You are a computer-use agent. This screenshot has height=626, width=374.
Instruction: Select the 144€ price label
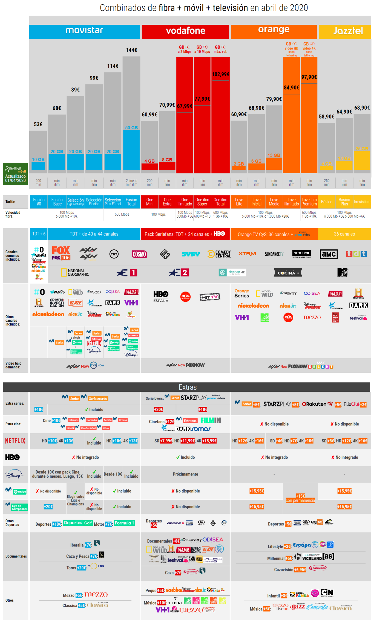tap(131, 50)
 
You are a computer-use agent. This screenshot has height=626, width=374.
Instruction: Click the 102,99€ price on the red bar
tap(220, 74)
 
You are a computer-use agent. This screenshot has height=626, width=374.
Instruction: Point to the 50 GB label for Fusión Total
tap(131, 128)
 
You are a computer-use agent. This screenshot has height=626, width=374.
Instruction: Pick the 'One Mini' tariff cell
tap(149, 202)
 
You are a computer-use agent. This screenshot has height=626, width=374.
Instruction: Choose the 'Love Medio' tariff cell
tap(274, 202)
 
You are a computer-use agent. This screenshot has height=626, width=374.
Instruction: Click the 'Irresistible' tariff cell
tap(362, 202)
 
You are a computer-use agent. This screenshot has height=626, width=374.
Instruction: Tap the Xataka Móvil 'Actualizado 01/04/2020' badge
tap(16, 174)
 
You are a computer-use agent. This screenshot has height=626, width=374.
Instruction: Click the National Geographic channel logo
tap(75, 272)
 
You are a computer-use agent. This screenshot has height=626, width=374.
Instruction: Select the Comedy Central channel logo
tap(219, 254)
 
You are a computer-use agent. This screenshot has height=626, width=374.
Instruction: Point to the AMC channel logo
tap(329, 254)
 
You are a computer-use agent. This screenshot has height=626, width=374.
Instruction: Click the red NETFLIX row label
tap(15, 441)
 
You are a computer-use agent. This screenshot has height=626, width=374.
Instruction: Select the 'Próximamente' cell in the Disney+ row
tap(185, 474)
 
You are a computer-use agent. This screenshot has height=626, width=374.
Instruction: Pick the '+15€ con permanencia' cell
tap(300, 498)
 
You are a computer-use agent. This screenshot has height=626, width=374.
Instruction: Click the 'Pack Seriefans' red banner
tap(185, 234)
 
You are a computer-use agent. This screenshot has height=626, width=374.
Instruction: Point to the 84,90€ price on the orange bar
tap(291, 88)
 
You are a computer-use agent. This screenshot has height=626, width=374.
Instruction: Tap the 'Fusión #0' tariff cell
tap(39, 202)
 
